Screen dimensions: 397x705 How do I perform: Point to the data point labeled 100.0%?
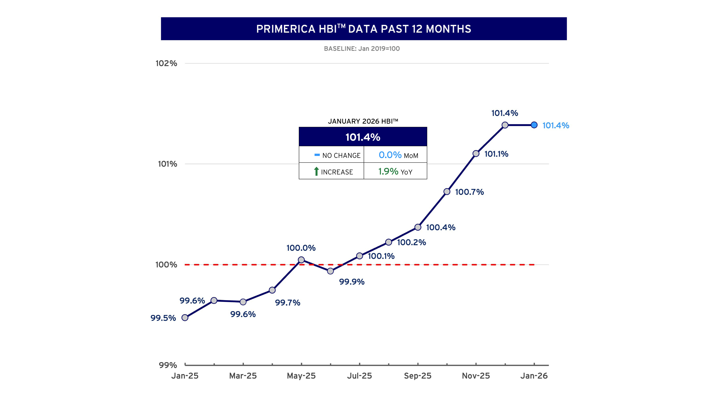tap(301, 260)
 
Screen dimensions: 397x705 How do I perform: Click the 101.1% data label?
tap(496, 154)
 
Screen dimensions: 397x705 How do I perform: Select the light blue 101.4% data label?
tap(556, 125)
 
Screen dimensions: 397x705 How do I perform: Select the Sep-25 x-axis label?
tap(418, 376)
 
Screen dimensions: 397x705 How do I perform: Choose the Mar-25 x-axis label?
tap(243, 376)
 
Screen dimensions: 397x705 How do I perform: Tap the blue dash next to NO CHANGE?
tap(317, 155)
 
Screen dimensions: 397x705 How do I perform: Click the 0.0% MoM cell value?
tap(390, 155)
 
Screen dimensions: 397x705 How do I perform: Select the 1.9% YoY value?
tap(388, 172)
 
